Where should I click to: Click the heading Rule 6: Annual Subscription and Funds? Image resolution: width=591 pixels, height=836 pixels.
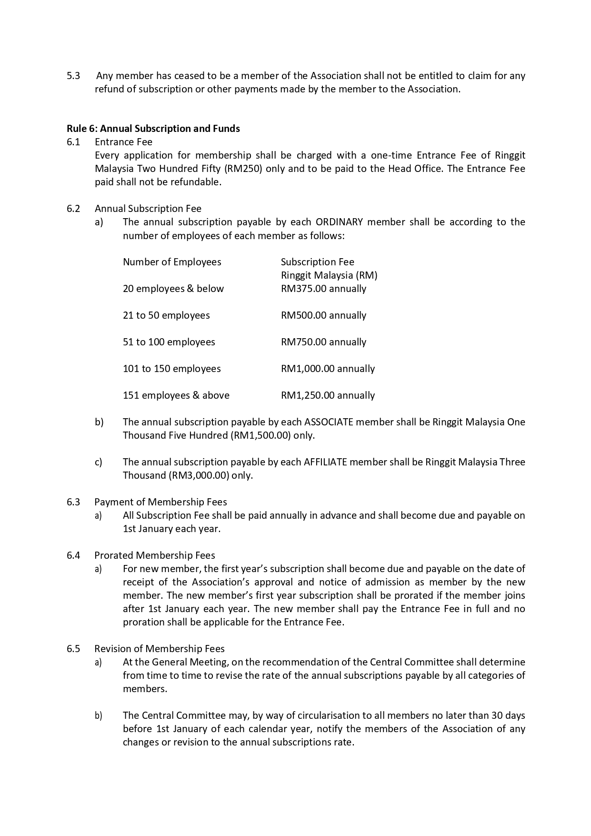point(153,129)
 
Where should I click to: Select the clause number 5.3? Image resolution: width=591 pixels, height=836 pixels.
point(73,76)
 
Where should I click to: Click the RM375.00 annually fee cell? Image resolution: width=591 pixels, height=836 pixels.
point(323,289)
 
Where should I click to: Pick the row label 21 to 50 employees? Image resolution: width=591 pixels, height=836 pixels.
point(166,315)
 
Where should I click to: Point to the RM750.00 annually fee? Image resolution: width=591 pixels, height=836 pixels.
point(323,342)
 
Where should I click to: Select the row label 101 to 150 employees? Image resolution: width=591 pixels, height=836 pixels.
point(171,369)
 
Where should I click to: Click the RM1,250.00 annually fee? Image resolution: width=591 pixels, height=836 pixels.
point(328,395)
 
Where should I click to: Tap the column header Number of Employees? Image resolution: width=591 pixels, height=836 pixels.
point(172,262)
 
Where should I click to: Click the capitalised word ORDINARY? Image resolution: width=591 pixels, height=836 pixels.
point(339,222)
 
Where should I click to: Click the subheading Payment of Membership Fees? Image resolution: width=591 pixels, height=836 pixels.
point(160,502)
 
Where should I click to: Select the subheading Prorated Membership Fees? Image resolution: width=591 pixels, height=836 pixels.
point(155,555)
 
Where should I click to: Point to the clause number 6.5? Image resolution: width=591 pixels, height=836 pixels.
point(73,649)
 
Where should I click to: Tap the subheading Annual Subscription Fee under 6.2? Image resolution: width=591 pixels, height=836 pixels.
point(148,209)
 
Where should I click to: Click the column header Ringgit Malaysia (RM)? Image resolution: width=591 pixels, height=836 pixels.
point(329,275)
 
